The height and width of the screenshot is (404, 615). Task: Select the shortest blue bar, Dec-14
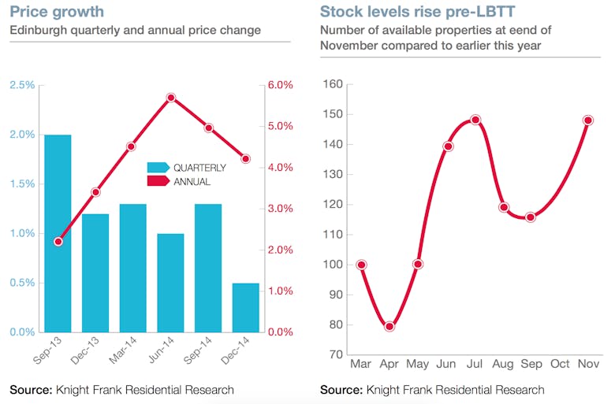pyautogui.click(x=246, y=307)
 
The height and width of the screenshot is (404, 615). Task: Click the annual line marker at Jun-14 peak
pyautogui.click(x=170, y=98)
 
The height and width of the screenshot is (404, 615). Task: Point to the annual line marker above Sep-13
pyautogui.click(x=58, y=241)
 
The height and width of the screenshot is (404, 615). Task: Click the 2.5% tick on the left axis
pyautogui.click(x=21, y=85)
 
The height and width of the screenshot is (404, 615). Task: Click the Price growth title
pyautogui.click(x=56, y=13)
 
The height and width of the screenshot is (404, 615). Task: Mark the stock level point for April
pyautogui.click(x=389, y=326)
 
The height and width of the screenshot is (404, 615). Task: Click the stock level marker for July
pyautogui.click(x=475, y=120)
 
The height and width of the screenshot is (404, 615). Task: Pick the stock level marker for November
pyautogui.click(x=588, y=120)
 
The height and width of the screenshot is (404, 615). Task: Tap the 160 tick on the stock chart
pyautogui.click(x=333, y=84)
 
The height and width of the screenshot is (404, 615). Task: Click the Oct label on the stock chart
pyautogui.click(x=560, y=365)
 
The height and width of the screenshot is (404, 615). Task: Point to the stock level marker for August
pyautogui.click(x=504, y=207)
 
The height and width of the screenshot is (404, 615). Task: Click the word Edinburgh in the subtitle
pyautogui.click(x=36, y=31)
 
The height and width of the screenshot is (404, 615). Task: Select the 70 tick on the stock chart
pyautogui.click(x=336, y=354)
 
